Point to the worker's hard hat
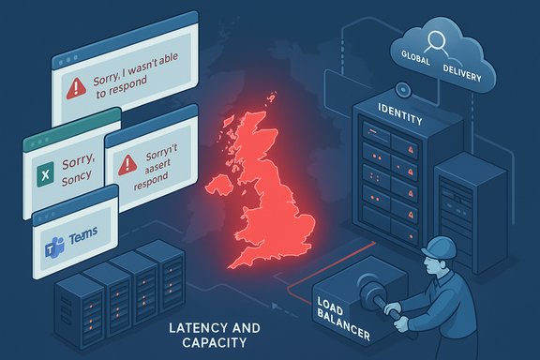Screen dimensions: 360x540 [440, 246]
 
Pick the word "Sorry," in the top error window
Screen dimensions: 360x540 [117, 82]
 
